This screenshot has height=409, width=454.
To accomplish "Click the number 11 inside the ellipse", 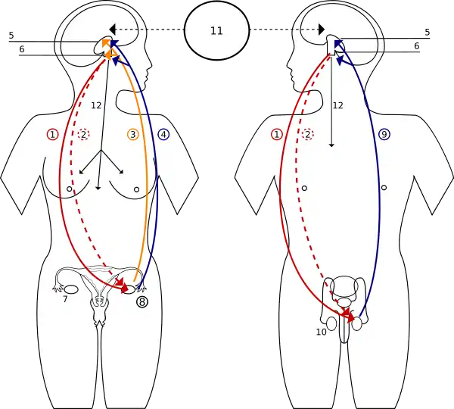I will pos(216,31).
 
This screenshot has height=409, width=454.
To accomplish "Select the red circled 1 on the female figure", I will pos(52,134).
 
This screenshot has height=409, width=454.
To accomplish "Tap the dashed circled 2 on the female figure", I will pos(84,134).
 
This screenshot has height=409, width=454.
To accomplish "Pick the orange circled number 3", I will pos(133,134).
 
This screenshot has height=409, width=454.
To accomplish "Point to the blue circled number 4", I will pos(163,134).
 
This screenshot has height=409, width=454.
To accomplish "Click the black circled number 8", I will pos(143,301).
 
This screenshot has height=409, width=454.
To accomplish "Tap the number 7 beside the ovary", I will pos(65,300).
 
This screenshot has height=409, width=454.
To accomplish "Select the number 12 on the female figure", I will pos(96,105).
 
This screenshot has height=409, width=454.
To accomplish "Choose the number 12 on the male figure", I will pos(338,105).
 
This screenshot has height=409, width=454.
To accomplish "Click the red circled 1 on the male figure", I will pos(277,134).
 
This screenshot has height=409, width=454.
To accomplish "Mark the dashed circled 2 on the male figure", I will pos(308,134).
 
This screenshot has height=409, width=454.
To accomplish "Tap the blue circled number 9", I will pos(384,134).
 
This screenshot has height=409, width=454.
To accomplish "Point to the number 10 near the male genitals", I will pos(321,331).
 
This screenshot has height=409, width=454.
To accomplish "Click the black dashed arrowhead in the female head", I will pos(112,29).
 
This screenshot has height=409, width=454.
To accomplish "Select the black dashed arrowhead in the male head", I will pos(321,29).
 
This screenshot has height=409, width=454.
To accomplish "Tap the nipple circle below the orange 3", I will pos(136,189).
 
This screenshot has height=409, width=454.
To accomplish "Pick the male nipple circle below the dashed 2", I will pos(303,187).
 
